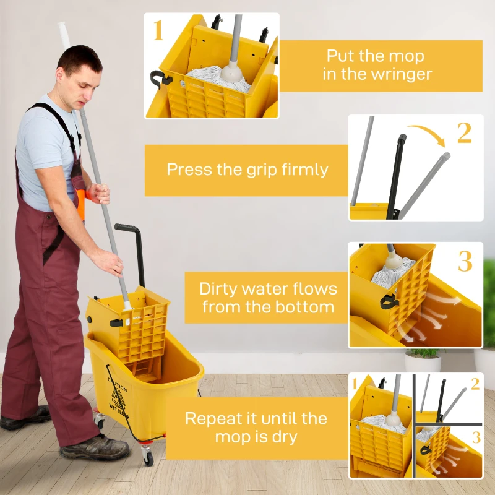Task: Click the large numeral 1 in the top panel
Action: coord(158,31)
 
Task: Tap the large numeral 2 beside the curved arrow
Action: coord(464,132)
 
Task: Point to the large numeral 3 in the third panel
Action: coord(465,262)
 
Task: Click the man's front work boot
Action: coord(93,447)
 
